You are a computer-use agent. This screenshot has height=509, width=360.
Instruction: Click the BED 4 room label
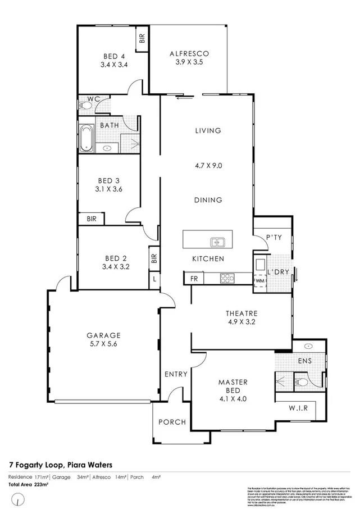click(x=113, y=56)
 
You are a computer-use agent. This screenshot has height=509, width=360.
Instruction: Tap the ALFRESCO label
click(x=189, y=54)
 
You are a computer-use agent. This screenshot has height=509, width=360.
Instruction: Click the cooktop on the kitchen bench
click(x=227, y=278)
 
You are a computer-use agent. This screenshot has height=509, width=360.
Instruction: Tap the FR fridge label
click(x=194, y=278)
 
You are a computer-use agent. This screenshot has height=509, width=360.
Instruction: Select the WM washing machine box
click(x=259, y=280)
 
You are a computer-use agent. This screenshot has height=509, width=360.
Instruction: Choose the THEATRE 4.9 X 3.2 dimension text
click(x=241, y=322)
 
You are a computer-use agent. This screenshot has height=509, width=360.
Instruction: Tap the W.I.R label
click(x=298, y=408)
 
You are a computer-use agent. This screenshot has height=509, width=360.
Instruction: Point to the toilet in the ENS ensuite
click(x=301, y=383)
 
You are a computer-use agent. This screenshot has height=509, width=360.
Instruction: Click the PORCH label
click(x=171, y=422)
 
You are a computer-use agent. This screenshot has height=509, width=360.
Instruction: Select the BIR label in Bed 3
click(x=91, y=220)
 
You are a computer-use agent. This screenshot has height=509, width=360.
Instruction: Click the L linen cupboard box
click(x=154, y=278)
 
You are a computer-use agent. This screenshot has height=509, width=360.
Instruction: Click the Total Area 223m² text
click(x=28, y=483)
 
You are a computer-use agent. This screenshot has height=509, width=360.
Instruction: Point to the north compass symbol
click(x=19, y=498)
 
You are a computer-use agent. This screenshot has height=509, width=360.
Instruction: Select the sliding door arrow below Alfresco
click(x=184, y=98)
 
